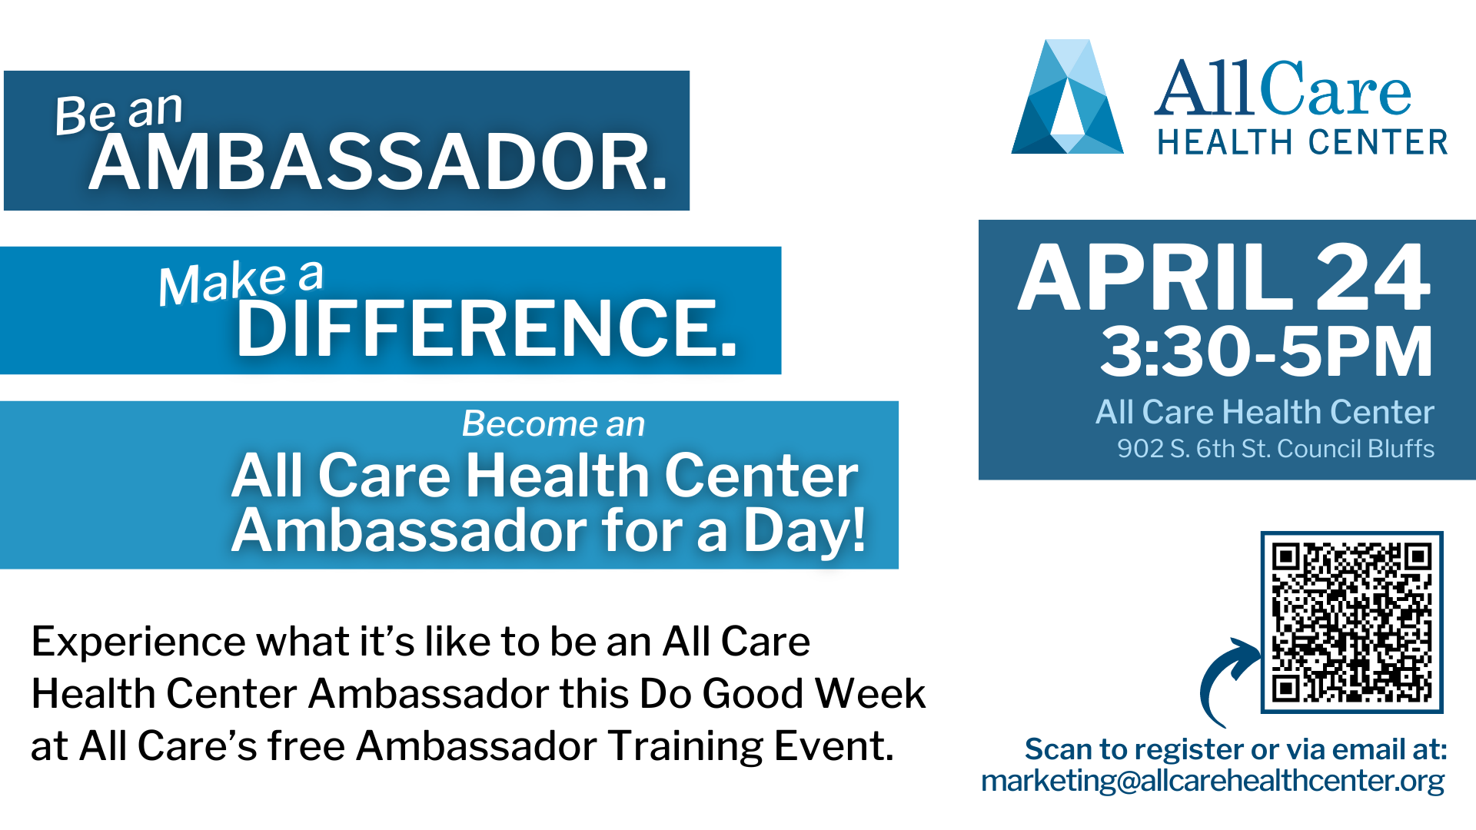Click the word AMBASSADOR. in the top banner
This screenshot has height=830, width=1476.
[378, 162]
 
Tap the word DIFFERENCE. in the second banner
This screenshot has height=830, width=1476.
[487, 328]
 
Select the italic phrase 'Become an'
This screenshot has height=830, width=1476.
[553, 423]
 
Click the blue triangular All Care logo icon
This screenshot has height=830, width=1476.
[1067, 97]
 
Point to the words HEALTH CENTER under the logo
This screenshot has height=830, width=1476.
[1303, 142]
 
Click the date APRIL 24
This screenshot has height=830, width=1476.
[1225, 277]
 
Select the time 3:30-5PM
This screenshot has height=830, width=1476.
[1267, 351]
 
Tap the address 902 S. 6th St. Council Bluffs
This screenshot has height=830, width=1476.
[1275, 448]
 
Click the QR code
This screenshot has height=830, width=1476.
[1351, 622]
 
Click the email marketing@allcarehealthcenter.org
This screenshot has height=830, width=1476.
[1213, 781]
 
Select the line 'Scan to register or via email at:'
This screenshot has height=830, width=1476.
[1236, 749]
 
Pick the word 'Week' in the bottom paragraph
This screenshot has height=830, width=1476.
[870, 693]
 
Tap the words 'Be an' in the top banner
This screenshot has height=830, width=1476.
[119, 113]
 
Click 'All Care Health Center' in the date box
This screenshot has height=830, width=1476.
[1265, 412]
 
